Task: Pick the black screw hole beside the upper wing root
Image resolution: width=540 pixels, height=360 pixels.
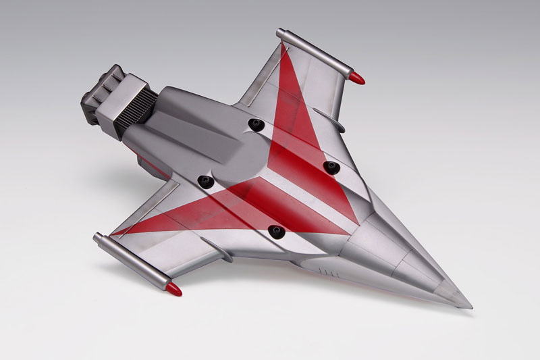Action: (255, 124)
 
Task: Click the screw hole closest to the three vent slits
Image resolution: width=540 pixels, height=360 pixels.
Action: (274, 232)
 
